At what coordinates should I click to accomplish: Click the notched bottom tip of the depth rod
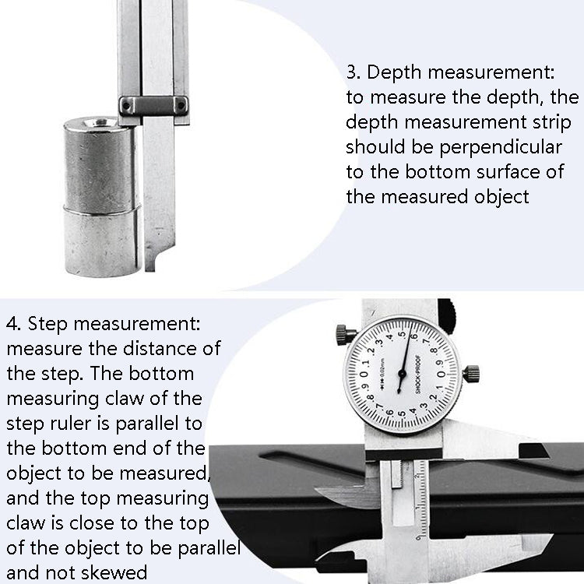[x=153, y=261]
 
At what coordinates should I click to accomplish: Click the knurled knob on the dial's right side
[x=471, y=373]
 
